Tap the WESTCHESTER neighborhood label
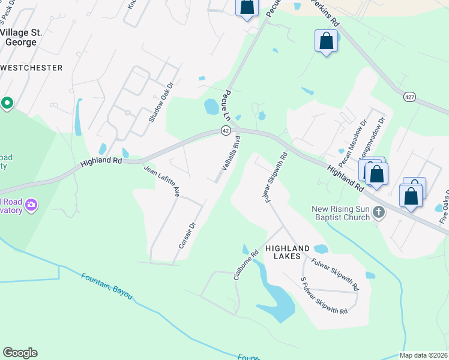pos(31,68)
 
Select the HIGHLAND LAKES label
pos(288,253)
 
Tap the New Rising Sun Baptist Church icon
pos(378,212)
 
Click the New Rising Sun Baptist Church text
pos(340,213)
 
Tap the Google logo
pos(20,353)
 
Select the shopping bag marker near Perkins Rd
pos(326,41)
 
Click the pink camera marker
pos(31,206)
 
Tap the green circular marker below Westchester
pos(7,103)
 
